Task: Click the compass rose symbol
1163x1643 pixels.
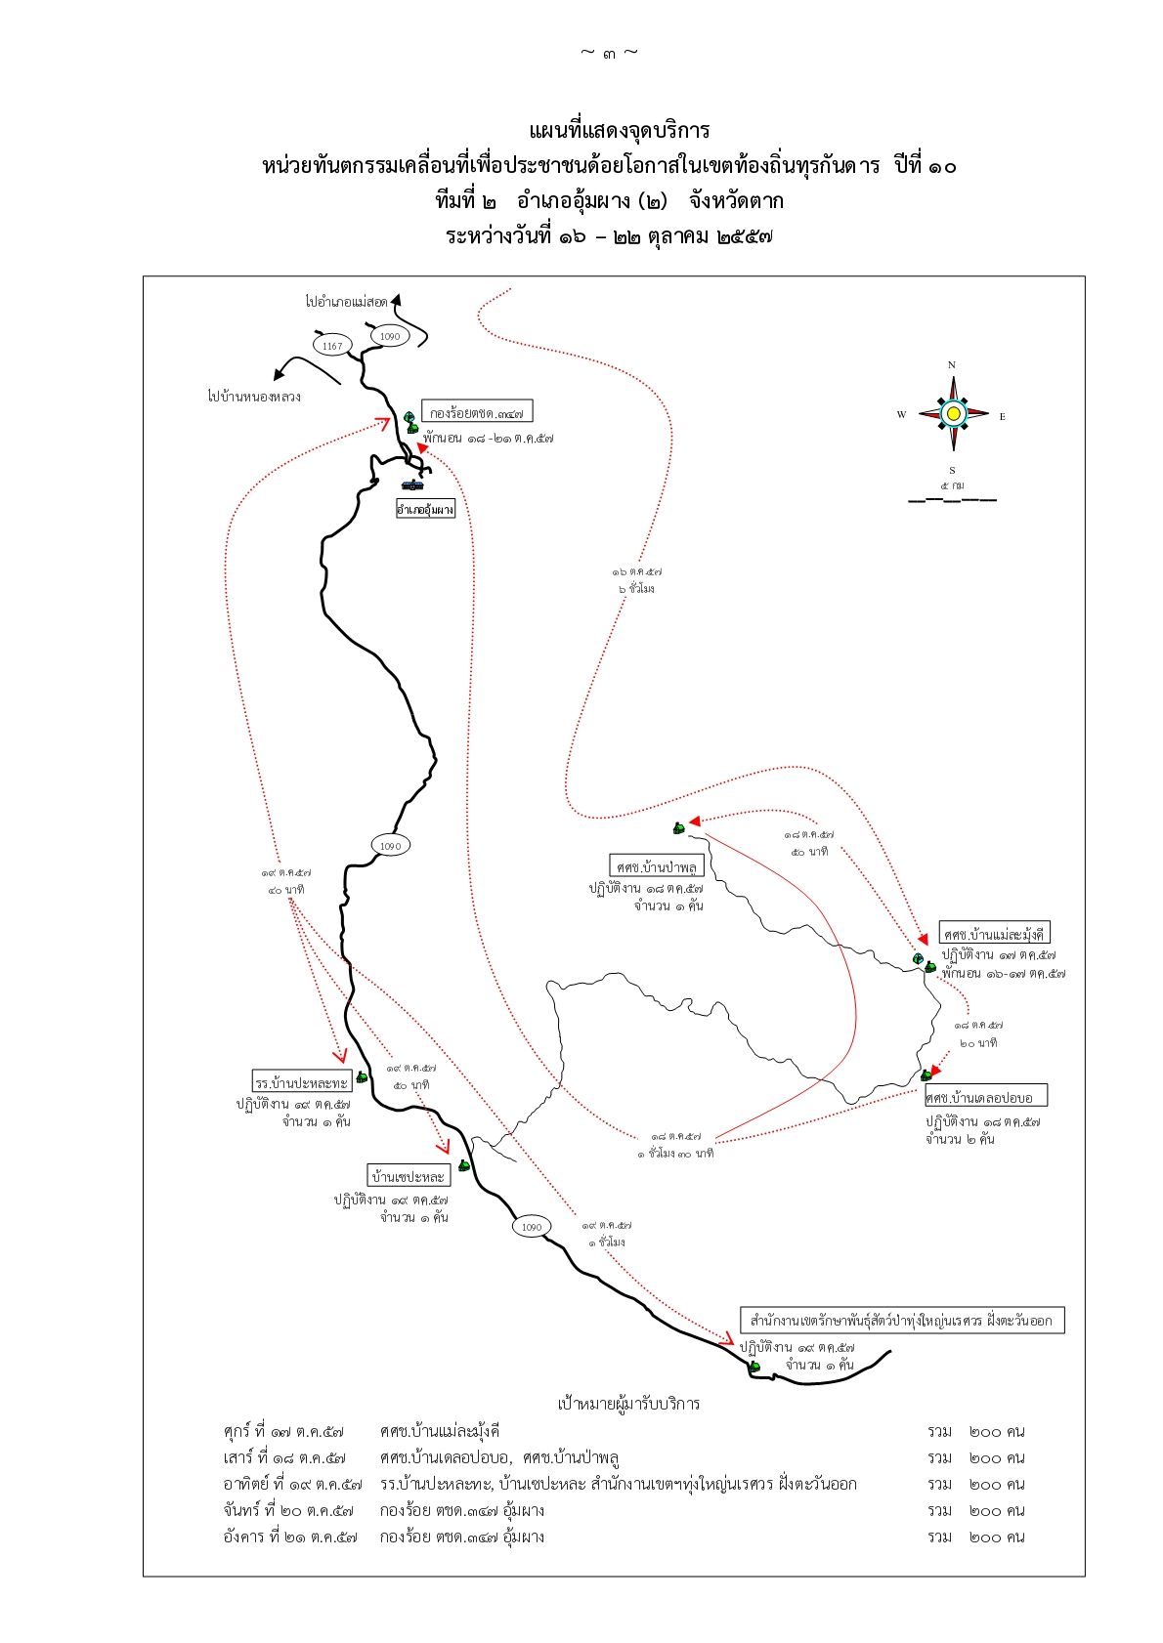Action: coord(953,414)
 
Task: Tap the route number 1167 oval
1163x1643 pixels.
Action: coord(332,346)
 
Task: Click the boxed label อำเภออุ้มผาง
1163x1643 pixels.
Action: coord(425,509)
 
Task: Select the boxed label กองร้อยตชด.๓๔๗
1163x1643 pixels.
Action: coord(478,412)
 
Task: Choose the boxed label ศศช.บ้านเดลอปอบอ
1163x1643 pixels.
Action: coord(985,1097)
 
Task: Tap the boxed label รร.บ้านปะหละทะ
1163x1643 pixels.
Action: coord(301,1082)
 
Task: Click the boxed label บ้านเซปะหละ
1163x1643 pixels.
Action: coord(408,1175)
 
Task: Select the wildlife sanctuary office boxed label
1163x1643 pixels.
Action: coord(901,1321)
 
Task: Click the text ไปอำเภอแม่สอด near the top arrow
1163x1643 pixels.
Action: coord(346,302)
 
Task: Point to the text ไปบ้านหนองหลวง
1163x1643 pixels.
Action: coord(254,397)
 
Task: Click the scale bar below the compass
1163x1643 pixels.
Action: coord(952,500)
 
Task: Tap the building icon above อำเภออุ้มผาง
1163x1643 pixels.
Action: coord(413,484)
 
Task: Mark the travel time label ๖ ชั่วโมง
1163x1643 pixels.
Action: coord(637,589)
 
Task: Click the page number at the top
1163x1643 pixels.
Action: coord(609,53)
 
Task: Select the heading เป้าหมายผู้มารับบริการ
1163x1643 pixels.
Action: coord(628,1404)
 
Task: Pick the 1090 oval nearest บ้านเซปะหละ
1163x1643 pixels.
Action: coord(531,1227)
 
